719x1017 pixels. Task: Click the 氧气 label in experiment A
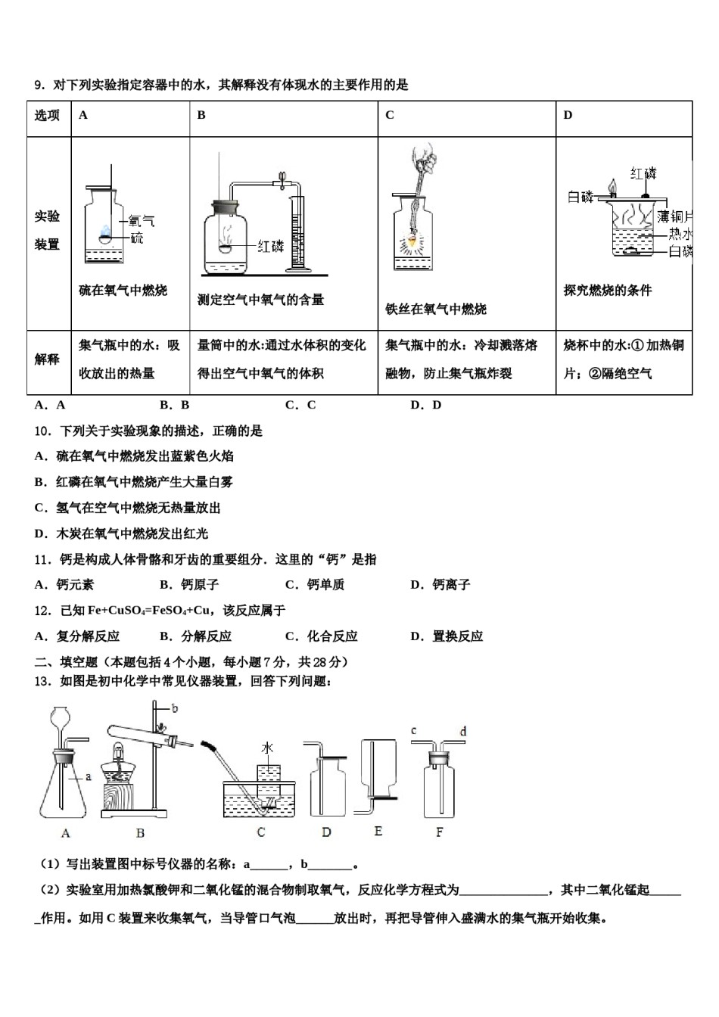tap(142, 221)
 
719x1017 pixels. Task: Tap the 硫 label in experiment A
tap(136, 238)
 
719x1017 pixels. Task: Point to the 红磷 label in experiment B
tap(270, 246)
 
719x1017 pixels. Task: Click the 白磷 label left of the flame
tap(580, 197)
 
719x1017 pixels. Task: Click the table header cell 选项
tap(48, 115)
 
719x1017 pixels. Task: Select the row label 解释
tap(48, 359)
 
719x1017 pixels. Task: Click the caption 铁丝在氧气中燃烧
tap(436, 309)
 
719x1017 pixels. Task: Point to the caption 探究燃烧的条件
tap(607, 291)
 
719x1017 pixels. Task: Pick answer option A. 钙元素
tap(65, 585)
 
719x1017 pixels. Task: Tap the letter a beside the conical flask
tap(88, 776)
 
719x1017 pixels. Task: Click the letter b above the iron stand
tap(175, 708)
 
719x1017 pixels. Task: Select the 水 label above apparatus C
tap(267, 748)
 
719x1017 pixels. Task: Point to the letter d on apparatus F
tap(463, 731)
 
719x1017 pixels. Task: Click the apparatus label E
tap(378, 831)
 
